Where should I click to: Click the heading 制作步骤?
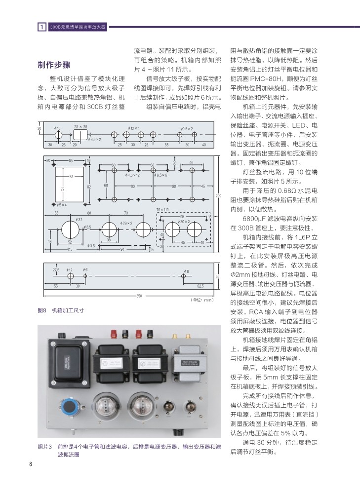[54, 66]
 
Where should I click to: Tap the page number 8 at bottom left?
[31, 464]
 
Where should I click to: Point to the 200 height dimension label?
[218, 196]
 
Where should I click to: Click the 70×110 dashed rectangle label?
[162, 210]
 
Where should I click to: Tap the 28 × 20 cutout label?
[80, 127]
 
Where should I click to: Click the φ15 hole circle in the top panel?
[58, 134]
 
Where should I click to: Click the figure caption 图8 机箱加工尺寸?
[61, 310]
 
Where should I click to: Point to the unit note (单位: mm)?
[201, 300]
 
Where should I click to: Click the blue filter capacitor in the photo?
[68, 405]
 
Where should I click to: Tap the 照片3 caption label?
[45, 446]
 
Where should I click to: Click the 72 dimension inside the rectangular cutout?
[63, 189]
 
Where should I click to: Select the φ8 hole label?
[186, 272]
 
